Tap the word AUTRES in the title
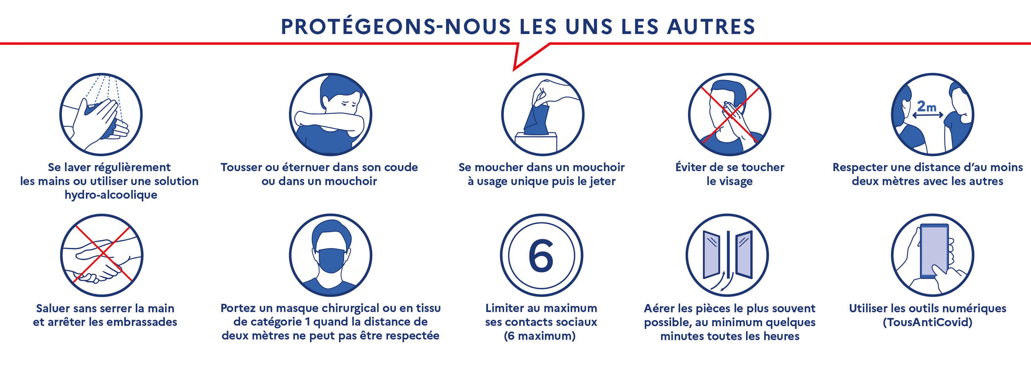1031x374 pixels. click(711, 27)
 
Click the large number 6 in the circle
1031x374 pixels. click(541, 256)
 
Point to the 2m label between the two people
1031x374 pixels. click(927, 107)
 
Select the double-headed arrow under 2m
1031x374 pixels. click(928, 115)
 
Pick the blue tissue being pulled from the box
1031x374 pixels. click(536, 118)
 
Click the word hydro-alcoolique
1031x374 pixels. click(111, 195)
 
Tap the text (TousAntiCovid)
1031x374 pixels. click(928, 322)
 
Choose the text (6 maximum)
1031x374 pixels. click(540, 336)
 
